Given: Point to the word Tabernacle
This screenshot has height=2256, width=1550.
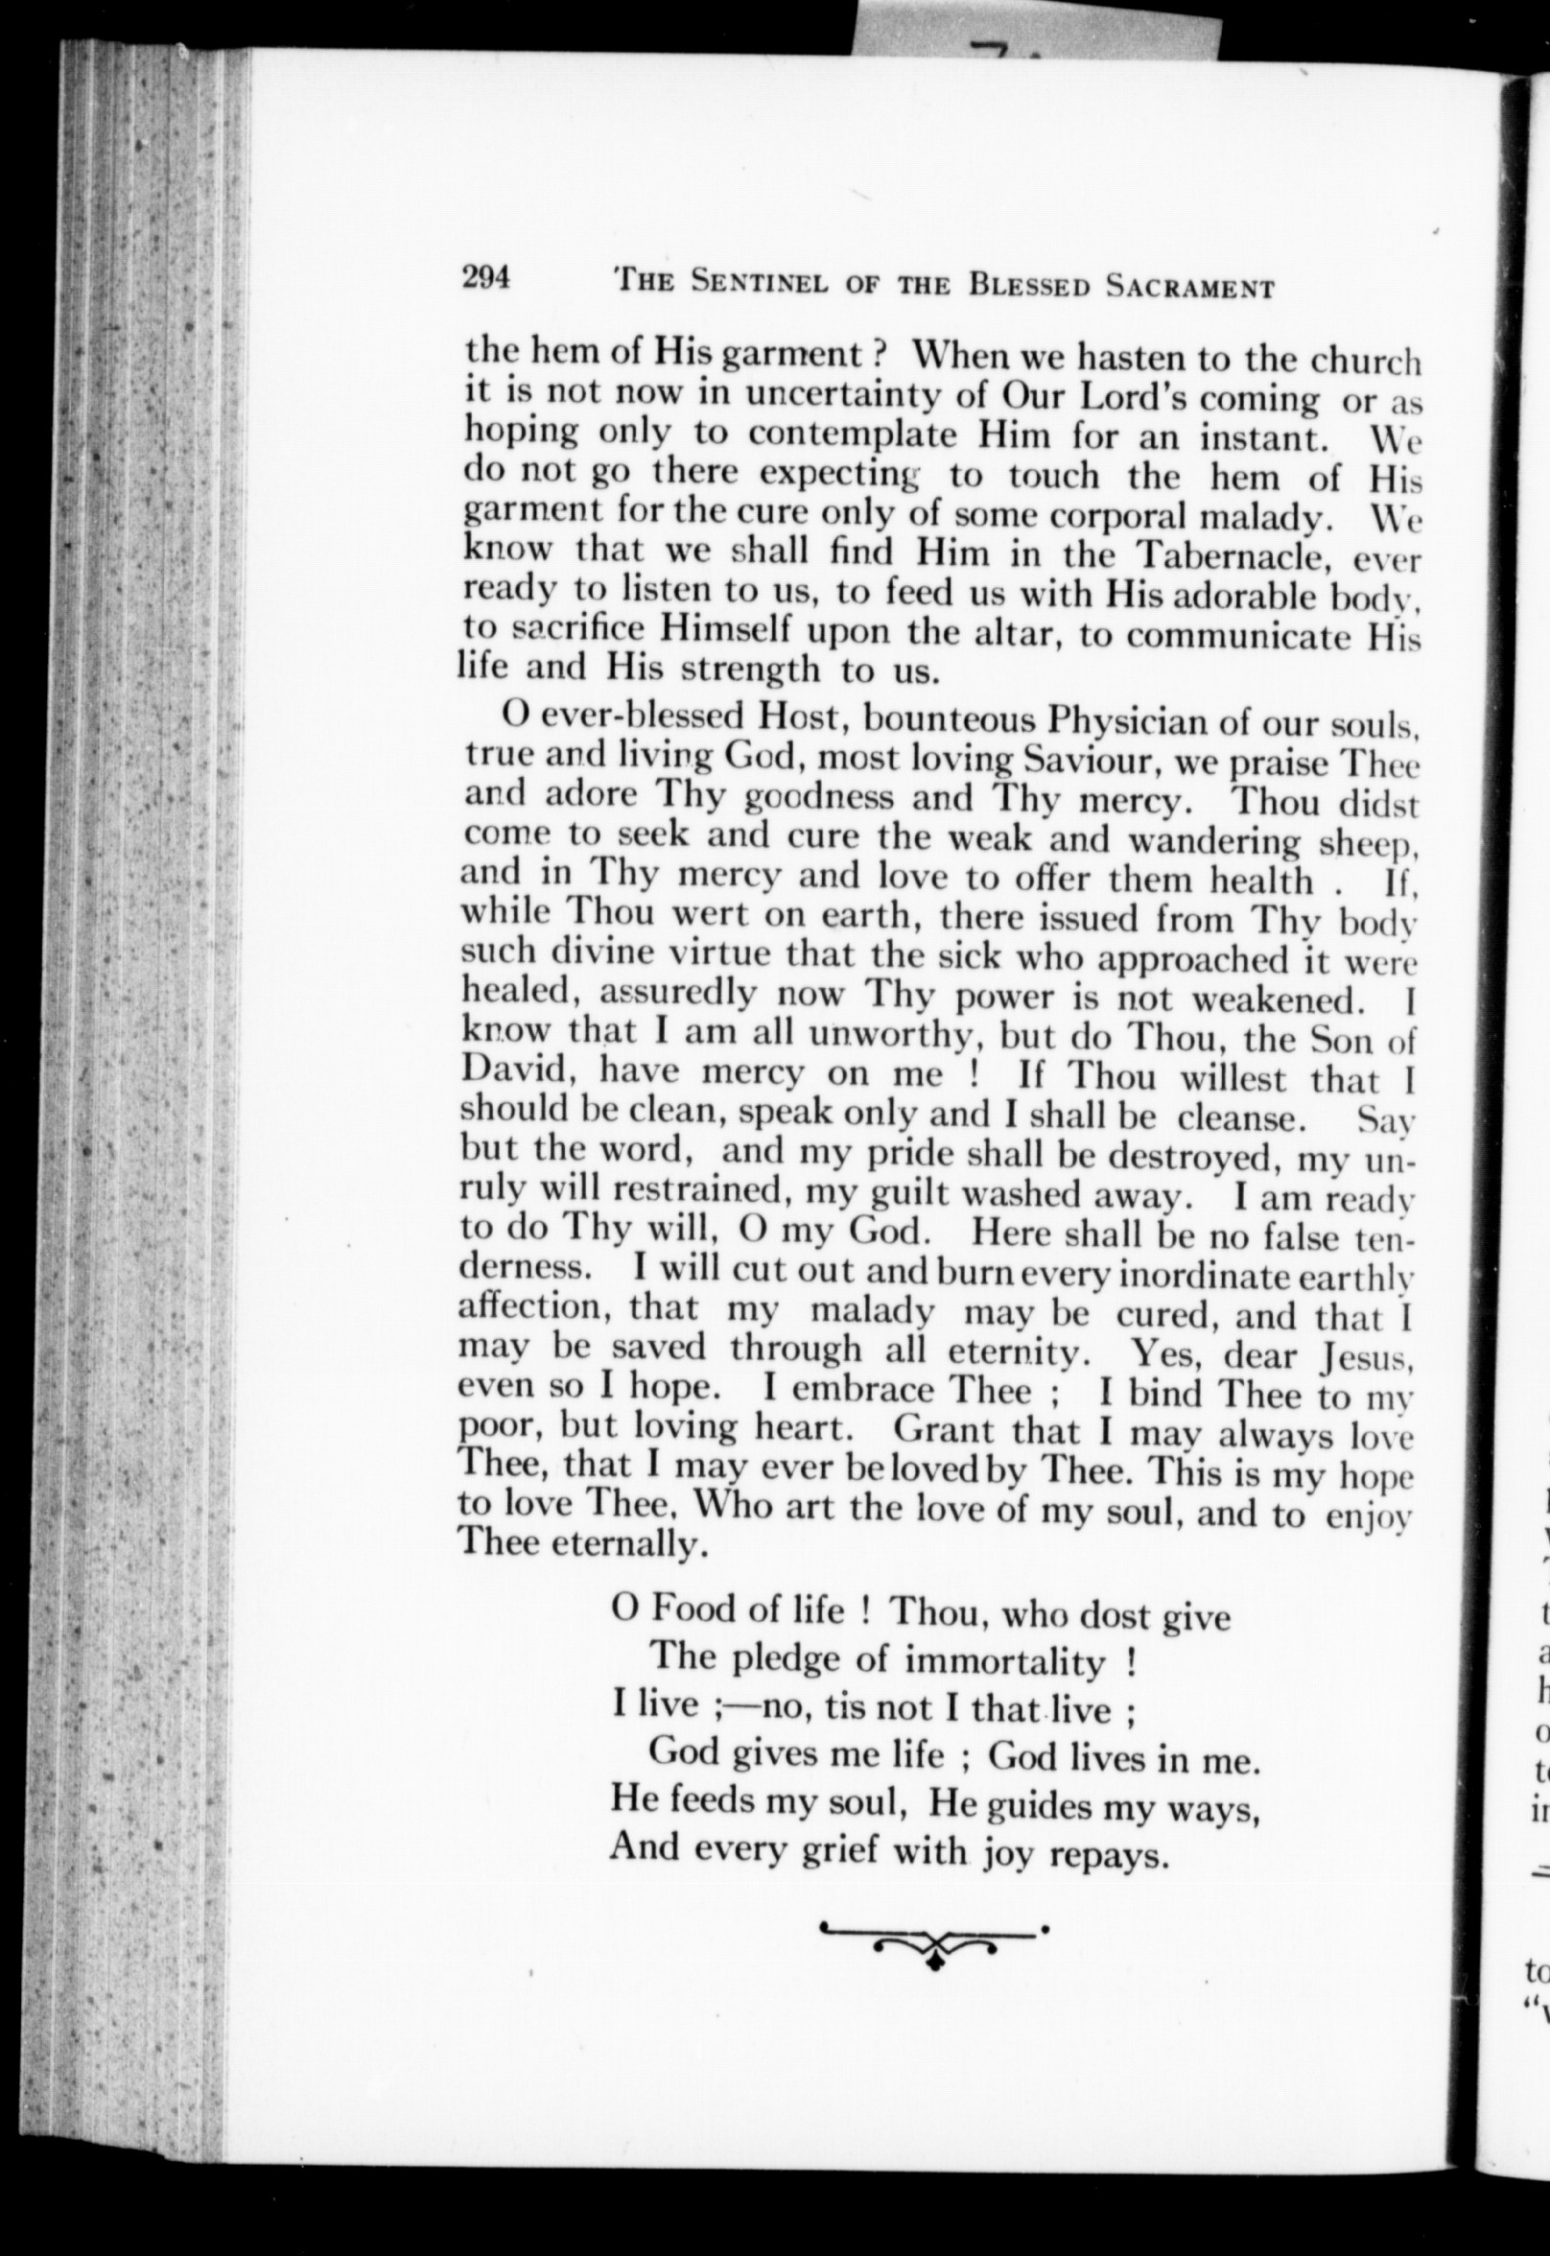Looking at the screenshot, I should pos(1233,554).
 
